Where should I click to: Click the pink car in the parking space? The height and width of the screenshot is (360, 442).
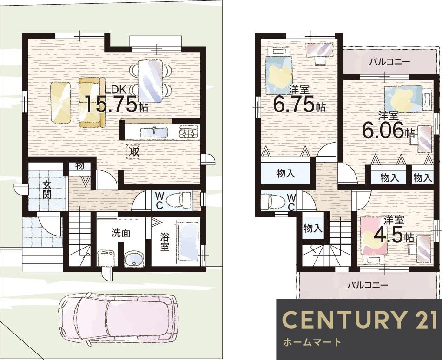click(119, 318)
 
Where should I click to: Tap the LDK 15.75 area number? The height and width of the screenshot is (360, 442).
click(112, 104)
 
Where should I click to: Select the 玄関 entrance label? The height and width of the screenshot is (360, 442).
click(47, 190)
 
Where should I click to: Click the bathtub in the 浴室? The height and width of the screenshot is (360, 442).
click(188, 242)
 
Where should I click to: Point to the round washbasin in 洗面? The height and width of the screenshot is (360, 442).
click(134, 259)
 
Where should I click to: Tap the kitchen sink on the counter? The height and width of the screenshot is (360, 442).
click(154, 132)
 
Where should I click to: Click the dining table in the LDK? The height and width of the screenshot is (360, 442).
click(150, 81)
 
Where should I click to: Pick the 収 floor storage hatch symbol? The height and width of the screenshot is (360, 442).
click(133, 152)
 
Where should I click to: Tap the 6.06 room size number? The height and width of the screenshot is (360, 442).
click(383, 131)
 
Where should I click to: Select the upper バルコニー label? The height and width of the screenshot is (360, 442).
click(390, 61)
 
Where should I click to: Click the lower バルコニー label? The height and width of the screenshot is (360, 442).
click(368, 285)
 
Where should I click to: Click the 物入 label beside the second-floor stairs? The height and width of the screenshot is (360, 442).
click(313, 228)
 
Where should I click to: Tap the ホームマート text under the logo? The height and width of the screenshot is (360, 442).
click(312, 342)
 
